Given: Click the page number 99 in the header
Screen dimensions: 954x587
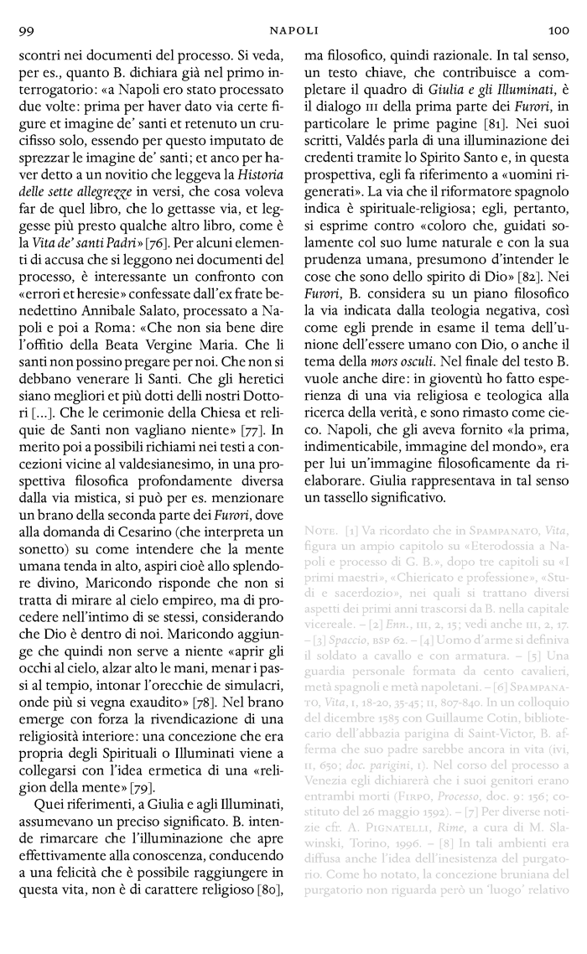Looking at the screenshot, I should point(24,31).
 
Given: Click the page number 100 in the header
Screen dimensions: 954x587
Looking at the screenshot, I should point(558,31).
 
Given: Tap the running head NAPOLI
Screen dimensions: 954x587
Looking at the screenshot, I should point(293,31).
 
